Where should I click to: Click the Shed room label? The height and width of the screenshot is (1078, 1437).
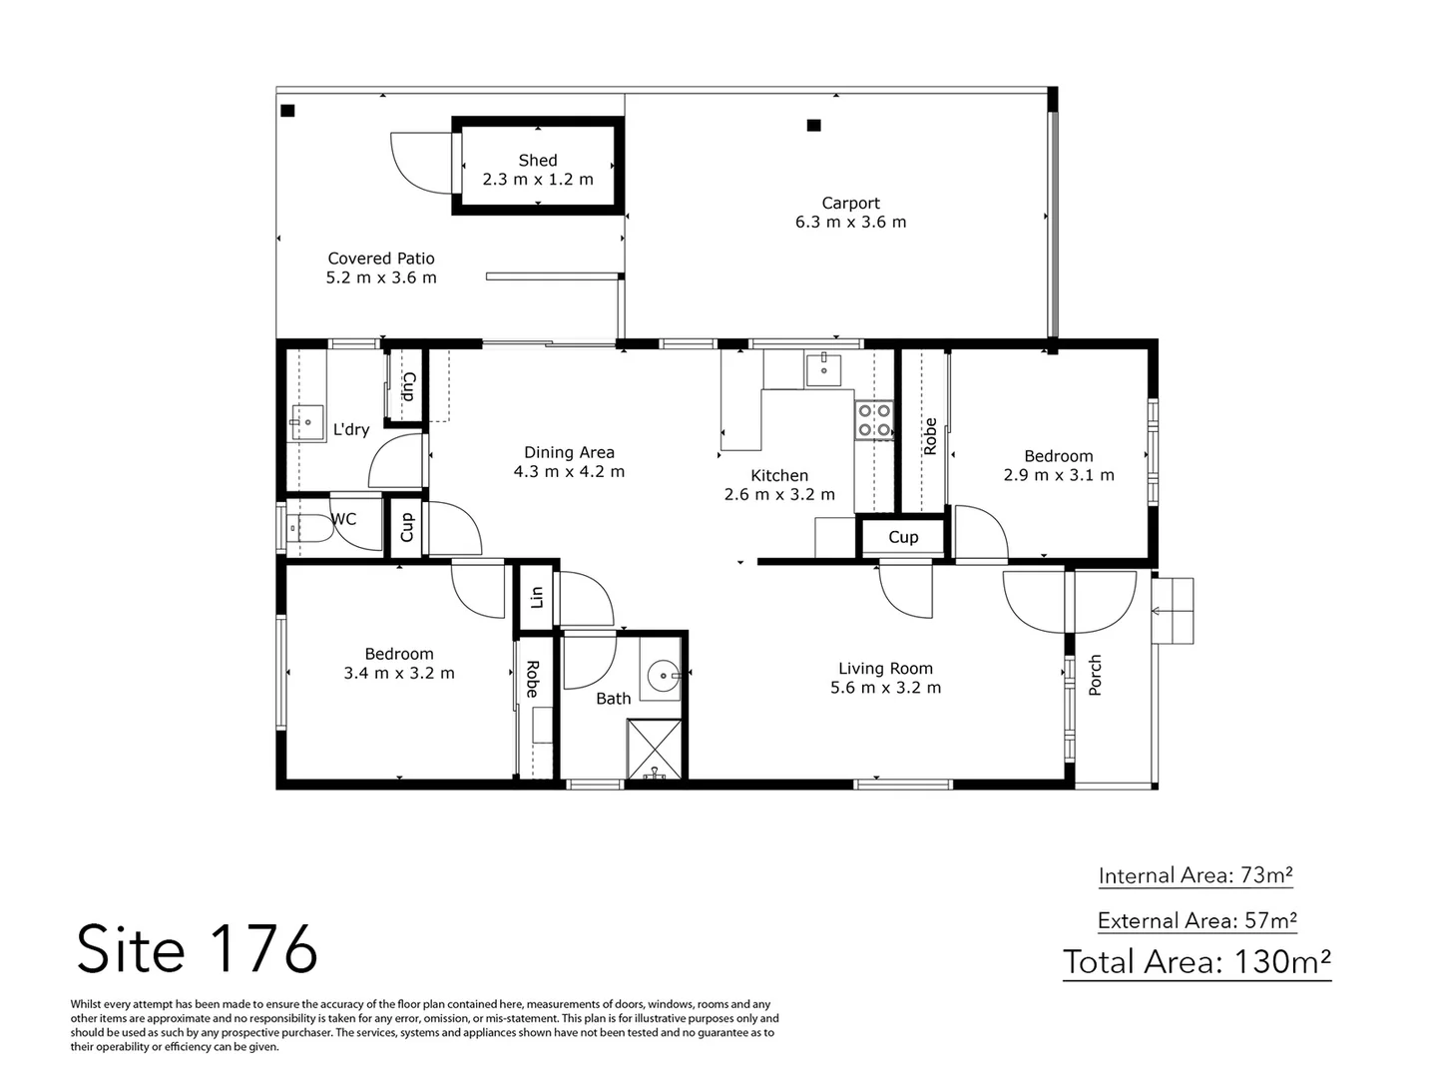point(537,160)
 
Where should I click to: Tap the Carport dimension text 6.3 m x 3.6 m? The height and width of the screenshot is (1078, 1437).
point(850,223)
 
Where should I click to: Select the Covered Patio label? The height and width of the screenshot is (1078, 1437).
point(381,259)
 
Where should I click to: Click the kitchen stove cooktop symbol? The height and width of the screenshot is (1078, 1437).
point(874,420)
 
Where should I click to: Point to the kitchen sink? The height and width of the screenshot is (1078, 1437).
point(823,369)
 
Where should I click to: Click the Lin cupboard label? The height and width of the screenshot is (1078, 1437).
point(536,597)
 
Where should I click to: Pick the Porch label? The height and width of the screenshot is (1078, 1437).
point(1095,676)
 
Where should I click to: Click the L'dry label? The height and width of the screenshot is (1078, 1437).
point(351,430)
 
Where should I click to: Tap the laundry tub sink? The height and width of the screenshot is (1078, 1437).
point(306,423)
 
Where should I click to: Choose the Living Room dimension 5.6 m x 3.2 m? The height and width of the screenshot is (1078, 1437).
point(885,688)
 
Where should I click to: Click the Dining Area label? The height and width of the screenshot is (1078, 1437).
point(569,452)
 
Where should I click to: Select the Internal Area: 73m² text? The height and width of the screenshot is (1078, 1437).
point(1196,875)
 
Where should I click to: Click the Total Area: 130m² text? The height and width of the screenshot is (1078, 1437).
point(1197,962)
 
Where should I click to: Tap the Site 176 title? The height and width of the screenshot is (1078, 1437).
point(197,948)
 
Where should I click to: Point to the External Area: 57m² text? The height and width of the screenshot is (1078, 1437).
point(1197,920)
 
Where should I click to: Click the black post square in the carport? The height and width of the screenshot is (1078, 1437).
point(813,126)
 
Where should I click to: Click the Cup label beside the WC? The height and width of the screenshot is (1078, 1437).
point(406,527)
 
